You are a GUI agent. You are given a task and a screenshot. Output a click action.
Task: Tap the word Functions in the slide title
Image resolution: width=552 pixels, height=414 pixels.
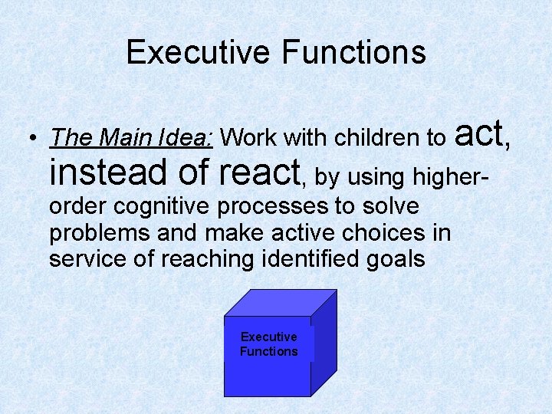[354, 52]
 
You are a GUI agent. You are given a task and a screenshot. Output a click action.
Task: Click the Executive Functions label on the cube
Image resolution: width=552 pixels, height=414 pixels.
[268, 344]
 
